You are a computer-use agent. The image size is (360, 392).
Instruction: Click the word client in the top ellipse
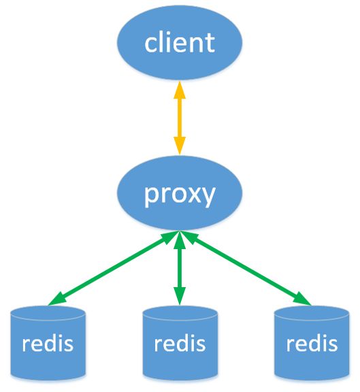180,42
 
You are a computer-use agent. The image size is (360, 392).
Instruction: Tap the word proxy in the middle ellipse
180,195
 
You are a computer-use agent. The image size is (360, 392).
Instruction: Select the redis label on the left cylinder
48,343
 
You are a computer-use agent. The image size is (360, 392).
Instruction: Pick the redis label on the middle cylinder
180,343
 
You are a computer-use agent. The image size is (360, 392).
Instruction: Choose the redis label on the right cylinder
312,343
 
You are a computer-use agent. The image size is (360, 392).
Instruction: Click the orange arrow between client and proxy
180,118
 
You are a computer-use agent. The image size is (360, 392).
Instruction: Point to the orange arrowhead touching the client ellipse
180,90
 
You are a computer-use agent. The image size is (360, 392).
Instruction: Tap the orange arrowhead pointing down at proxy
180,146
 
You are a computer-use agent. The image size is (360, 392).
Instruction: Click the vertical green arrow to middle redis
180,268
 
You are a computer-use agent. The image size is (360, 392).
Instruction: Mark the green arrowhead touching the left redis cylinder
56,300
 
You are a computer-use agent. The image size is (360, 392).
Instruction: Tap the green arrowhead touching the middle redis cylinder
180,297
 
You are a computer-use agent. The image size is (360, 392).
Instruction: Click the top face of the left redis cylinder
48,313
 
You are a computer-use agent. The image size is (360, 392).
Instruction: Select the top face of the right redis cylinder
312,313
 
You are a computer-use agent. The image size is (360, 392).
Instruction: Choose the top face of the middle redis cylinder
180,313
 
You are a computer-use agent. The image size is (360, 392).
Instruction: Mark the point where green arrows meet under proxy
180,231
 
